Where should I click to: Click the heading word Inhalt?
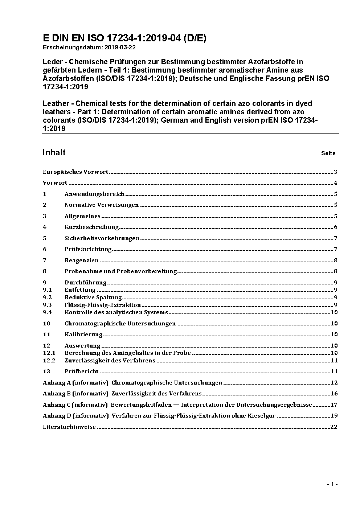(54, 152)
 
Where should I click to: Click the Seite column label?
(328, 153)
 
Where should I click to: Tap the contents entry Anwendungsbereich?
(94, 194)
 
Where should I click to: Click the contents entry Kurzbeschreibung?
(91, 227)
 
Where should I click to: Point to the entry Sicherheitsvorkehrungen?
(102, 238)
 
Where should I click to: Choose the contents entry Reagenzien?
(81, 260)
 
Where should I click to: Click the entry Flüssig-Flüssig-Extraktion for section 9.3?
(102, 305)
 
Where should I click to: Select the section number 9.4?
(47, 312)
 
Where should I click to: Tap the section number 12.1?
(49, 353)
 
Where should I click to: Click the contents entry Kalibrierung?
(83, 334)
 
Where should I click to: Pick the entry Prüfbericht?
(81, 372)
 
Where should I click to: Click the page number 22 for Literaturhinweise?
(334, 427)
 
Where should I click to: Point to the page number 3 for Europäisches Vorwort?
(336, 172)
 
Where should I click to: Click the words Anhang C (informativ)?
(75, 405)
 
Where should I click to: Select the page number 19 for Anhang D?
(334, 416)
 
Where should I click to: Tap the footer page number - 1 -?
(332, 484)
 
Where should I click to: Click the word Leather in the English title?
(55, 104)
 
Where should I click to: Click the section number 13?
(46, 372)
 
